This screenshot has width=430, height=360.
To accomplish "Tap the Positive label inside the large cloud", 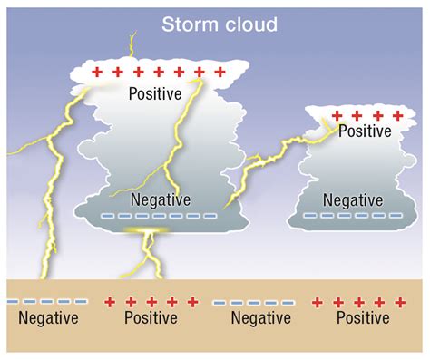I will pyautogui.click(x=155, y=92).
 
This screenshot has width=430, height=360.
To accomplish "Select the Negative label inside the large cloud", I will pyautogui.click(x=160, y=199).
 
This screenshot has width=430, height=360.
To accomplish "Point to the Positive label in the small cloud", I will pyautogui.click(x=366, y=131).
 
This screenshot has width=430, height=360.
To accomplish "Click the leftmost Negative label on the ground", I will pyautogui.click(x=49, y=318).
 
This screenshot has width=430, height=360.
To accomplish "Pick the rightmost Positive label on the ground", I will pyautogui.click(x=363, y=318).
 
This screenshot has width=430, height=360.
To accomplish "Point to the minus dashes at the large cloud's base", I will pyautogui.click(x=160, y=216).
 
